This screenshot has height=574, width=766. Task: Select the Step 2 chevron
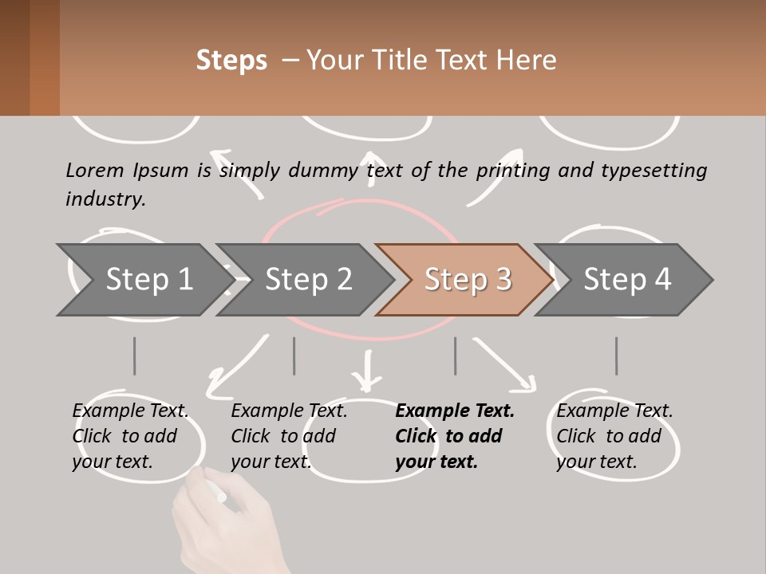308,280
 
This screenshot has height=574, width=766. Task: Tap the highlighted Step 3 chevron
468,280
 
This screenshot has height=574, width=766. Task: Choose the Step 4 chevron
627,280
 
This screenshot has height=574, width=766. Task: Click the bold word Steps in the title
231,61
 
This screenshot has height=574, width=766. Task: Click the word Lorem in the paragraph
94,170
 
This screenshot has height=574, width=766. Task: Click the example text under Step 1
130,436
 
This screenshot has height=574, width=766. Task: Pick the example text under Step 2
289,436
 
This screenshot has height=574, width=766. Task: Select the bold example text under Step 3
454,436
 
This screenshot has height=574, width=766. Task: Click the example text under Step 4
614,436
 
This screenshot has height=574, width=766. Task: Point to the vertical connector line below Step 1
134,356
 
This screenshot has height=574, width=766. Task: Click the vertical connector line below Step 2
294,356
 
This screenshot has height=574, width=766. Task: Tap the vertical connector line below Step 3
456,356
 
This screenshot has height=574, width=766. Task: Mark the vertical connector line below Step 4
616,356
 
